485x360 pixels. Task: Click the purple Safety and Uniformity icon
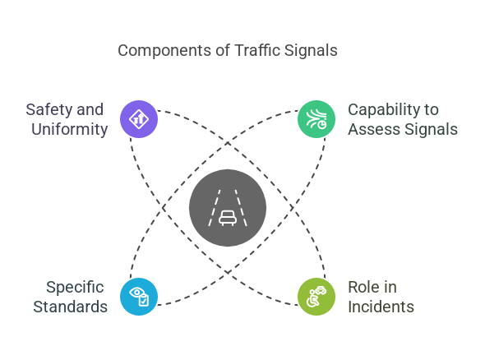coord(139,119)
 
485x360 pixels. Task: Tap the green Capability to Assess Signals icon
coord(316,119)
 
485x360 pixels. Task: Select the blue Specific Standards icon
coord(139,296)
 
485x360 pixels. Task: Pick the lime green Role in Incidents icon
coord(316,296)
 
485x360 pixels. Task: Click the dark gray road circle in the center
coord(228,208)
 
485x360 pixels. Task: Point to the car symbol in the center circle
coord(228,218)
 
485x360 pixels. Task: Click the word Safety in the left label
coord(47,109)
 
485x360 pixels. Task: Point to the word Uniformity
coord(70,129)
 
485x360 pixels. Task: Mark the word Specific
coord(75,287)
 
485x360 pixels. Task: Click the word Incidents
coord(381,307)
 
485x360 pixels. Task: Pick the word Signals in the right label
coord(430,129)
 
